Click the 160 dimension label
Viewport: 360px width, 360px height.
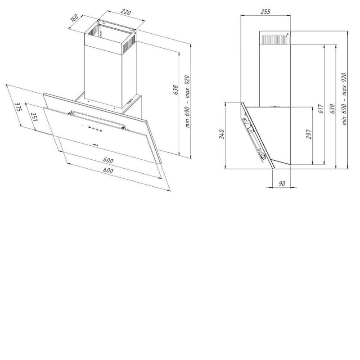[74, 18]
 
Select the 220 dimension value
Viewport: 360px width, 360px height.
[126, 12]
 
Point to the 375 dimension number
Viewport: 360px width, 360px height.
[18, 107]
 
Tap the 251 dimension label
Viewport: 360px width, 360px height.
[35, 117]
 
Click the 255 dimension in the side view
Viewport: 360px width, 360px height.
[265, 12]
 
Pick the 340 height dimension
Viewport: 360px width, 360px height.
[222, 134]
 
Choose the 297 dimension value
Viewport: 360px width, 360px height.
[309, 134]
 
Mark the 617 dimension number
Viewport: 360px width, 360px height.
[321, 108]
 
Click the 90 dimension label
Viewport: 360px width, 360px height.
[282, 184]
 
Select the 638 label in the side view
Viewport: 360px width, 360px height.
[333, 109]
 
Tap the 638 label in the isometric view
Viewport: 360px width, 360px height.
[175, 90]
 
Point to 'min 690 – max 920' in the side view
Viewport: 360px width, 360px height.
[344, 99]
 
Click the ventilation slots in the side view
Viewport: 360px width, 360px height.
[274, 40]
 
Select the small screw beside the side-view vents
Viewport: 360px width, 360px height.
[288, 35]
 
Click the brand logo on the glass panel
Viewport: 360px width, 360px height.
[94, 144]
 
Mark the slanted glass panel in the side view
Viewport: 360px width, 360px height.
[257, 136]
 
